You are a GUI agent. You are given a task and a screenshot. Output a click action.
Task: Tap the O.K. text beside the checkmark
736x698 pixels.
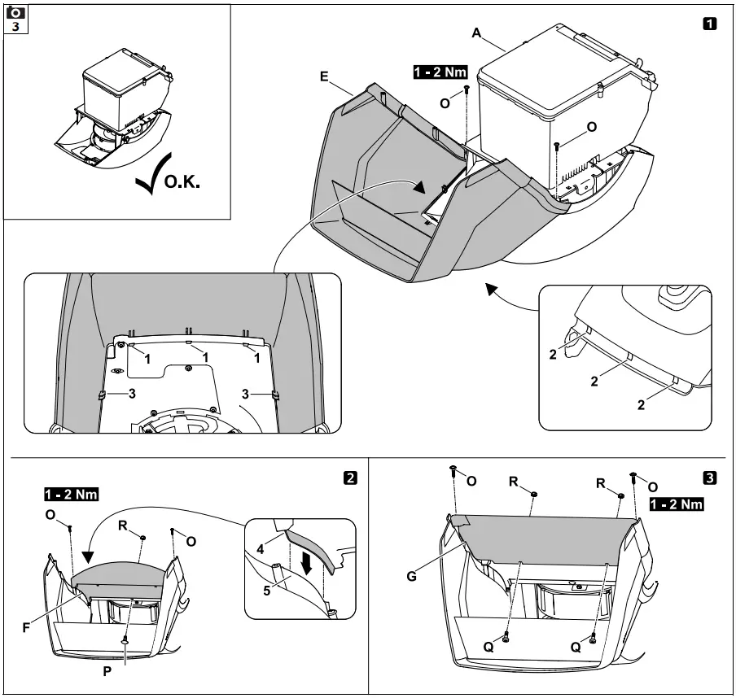click(x=181, y=182)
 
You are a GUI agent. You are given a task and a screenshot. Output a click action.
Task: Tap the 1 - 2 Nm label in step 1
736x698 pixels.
click(x=440, y=72)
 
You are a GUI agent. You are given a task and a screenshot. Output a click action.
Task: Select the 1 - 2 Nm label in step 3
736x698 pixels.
click(x=677, y=504)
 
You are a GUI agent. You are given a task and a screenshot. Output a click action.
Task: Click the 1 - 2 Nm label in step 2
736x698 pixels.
click(x=71, y=494)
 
